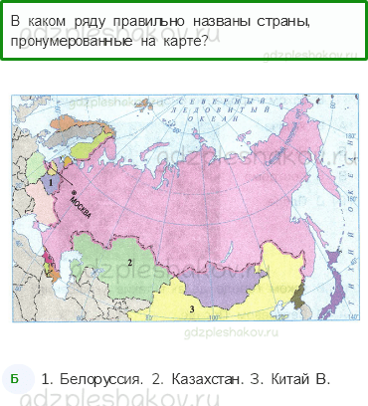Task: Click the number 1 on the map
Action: [x=49, y=183]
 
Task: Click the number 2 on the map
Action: [x=130, y=262]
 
